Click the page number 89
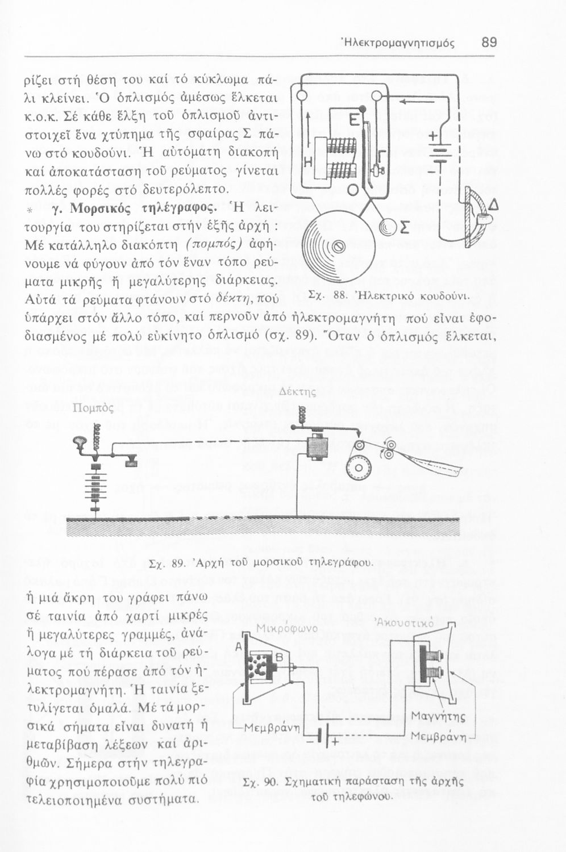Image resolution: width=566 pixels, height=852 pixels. (489, 43)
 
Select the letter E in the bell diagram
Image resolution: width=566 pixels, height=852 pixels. (352, 121)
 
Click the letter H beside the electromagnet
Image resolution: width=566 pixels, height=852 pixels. (309, 162)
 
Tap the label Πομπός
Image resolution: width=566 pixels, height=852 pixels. (94, 408)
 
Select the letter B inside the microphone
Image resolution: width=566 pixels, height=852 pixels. (279, 657)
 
